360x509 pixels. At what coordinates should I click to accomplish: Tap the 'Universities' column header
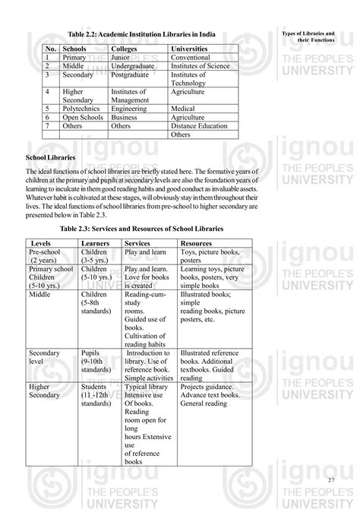[x=194, y=49]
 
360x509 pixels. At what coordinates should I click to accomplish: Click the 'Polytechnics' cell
[x=84, y=109]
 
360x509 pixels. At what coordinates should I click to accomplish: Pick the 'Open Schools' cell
[x=85, y=118]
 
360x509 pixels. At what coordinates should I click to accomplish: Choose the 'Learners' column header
[x=96, y=243]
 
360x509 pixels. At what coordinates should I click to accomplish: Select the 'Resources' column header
[x=196, y=243]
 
